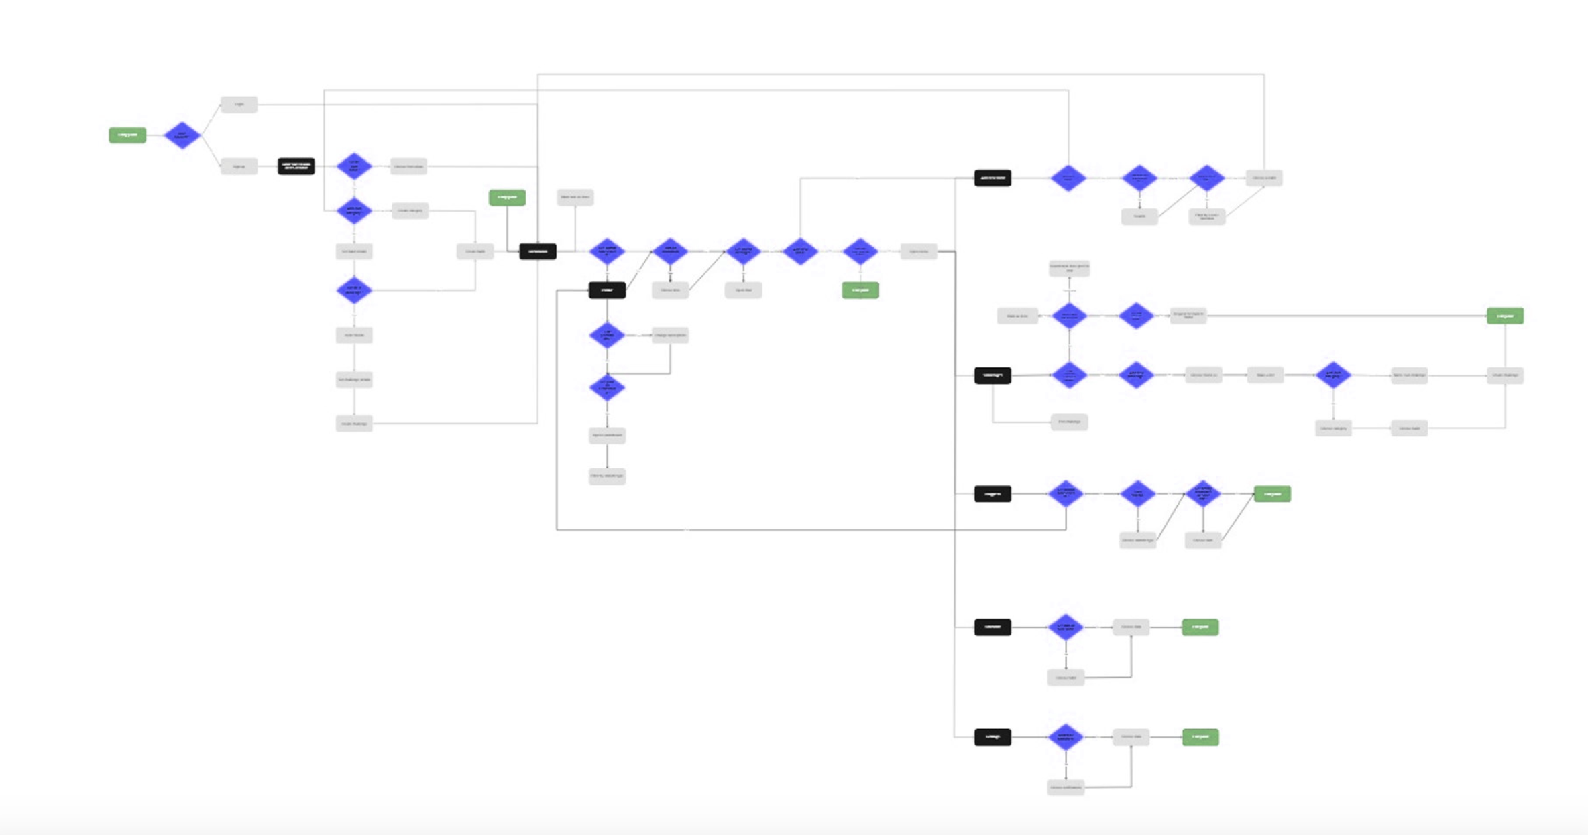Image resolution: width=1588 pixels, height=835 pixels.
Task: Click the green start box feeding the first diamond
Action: tap(127, 135)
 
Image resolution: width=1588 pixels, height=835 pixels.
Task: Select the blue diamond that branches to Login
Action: tap(182, 135)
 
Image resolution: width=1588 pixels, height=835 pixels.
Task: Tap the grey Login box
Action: tap(239, 105)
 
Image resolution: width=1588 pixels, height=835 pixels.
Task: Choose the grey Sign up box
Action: tap(239, 166)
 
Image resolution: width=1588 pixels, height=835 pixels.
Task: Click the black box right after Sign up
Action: tap(296, 166)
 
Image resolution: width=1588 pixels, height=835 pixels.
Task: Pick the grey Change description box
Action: tap(670, 335)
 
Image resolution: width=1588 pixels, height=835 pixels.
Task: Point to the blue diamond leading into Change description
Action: tap(607, 335)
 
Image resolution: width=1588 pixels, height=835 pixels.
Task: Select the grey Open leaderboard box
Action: tap(607, 436)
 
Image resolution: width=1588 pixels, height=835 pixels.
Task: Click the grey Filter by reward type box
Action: tap(607, 476)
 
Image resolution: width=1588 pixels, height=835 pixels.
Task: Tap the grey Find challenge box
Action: tap(1069, 422)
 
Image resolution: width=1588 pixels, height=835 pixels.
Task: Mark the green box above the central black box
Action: tap(507, 197)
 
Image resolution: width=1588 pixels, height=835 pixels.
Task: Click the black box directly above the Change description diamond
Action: tap(607, 290)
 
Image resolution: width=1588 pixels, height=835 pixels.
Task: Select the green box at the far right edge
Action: tap(1505, 316)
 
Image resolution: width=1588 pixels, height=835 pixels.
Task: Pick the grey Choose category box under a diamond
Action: tap(1333, 428)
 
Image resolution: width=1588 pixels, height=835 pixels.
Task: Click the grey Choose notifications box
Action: tap(1066, 787)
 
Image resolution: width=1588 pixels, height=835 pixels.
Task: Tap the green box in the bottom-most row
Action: tap(1200, 737)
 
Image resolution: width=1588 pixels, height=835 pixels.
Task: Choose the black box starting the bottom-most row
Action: tap(992, 737)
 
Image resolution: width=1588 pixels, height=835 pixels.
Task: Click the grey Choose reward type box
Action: tap(1137, 540)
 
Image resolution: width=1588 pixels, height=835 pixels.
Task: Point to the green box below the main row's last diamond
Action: tap(860, 290)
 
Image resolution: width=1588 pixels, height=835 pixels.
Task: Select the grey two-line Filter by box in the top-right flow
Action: tap(1206, 216)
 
